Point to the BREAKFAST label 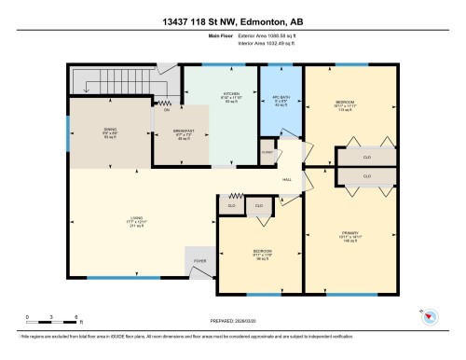(185, 132)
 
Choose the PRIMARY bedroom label (349, 233)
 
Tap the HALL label (289, 179)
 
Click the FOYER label (199, 261)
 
